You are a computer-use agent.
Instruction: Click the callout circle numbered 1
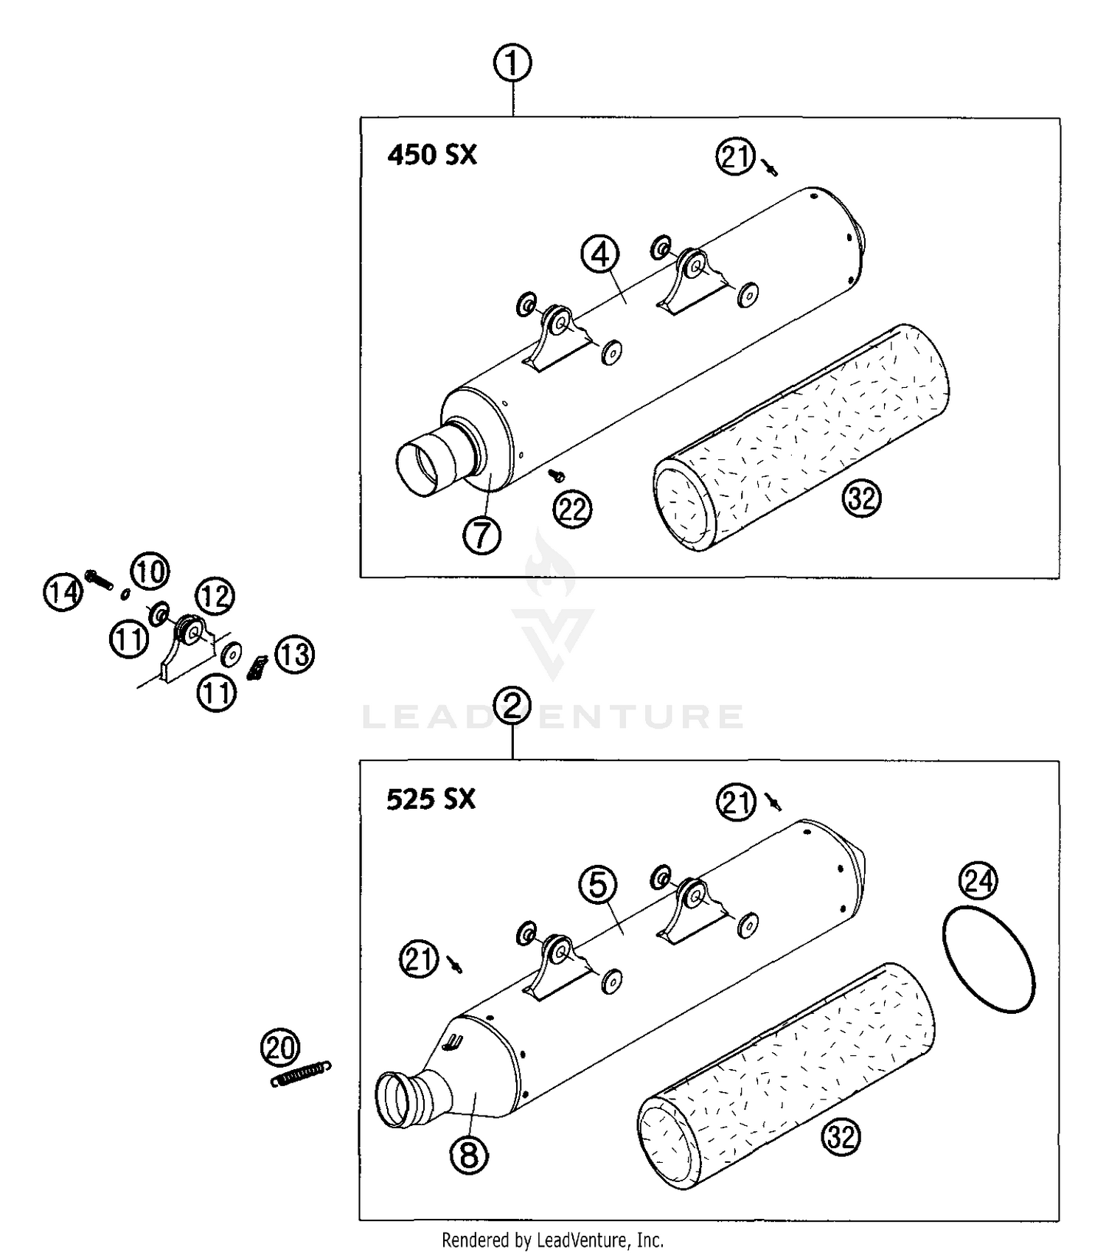click(x=512, y=63)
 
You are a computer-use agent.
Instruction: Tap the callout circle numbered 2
click(x=512, y=706)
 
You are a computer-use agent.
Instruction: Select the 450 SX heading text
click(x=432, y=156)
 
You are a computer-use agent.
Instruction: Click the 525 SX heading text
click(x=431, y=799)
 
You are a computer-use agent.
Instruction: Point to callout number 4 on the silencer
click(x=600, y=254)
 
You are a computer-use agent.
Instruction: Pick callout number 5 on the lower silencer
click(x=598, y=885)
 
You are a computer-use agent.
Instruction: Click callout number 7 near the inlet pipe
click(x=482, y=535)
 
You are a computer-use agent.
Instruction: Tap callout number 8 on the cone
click(x=470, y=1155)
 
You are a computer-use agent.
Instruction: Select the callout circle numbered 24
click(x=978, y=880)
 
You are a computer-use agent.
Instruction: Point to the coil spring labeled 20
click(x=301, y=1074)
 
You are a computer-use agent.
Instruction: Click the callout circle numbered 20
click(x=280, y=1048)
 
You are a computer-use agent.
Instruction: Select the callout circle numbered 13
click(x=295, y=655)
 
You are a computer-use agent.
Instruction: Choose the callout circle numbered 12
click(x=215, y=596)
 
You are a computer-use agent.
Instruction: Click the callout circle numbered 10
click(x=150, y=571)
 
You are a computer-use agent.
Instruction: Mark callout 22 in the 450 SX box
click(x=573, y=510)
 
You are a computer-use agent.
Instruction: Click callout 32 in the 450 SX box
click(x=861, y=499)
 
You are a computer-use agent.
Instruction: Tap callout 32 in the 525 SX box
click(x=841, y=1137)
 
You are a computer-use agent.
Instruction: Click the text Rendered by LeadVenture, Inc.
click(x=552, y=1240)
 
